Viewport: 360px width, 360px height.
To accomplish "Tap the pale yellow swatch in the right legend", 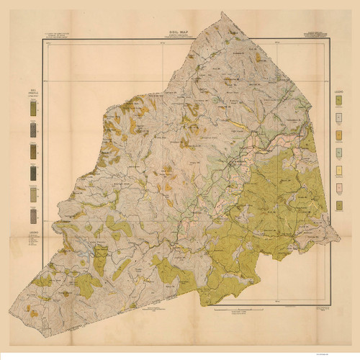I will click(338, 171).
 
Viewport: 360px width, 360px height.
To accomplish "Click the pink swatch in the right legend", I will click(338, 189).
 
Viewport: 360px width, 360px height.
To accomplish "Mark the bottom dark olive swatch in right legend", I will click(338, 206).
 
